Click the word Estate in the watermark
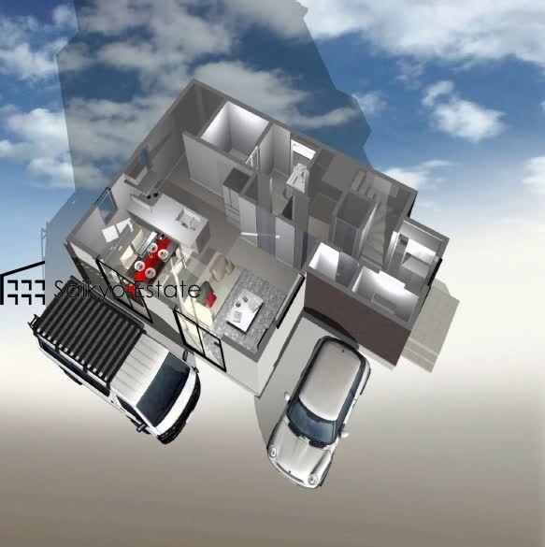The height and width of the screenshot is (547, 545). (167, 289)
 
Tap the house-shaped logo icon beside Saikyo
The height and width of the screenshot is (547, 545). (23, 283)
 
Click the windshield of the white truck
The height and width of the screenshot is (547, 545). (164, 387)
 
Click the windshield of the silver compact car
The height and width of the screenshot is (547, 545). (310, 422)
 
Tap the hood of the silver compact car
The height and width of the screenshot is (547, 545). (295, 457)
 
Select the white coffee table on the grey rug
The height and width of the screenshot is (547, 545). (245, 309)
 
